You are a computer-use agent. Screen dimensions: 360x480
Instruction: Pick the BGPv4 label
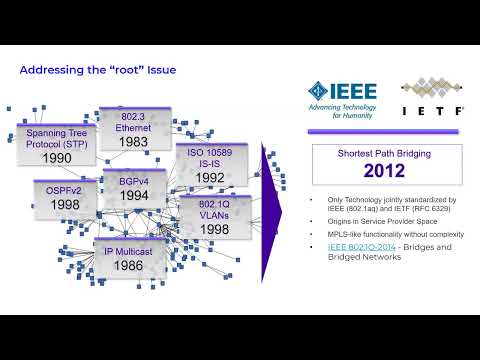[x=142, y=181]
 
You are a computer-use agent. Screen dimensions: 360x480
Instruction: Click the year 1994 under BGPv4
[x=142, y=197]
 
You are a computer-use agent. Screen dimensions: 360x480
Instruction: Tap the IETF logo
[x=431, y=99]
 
